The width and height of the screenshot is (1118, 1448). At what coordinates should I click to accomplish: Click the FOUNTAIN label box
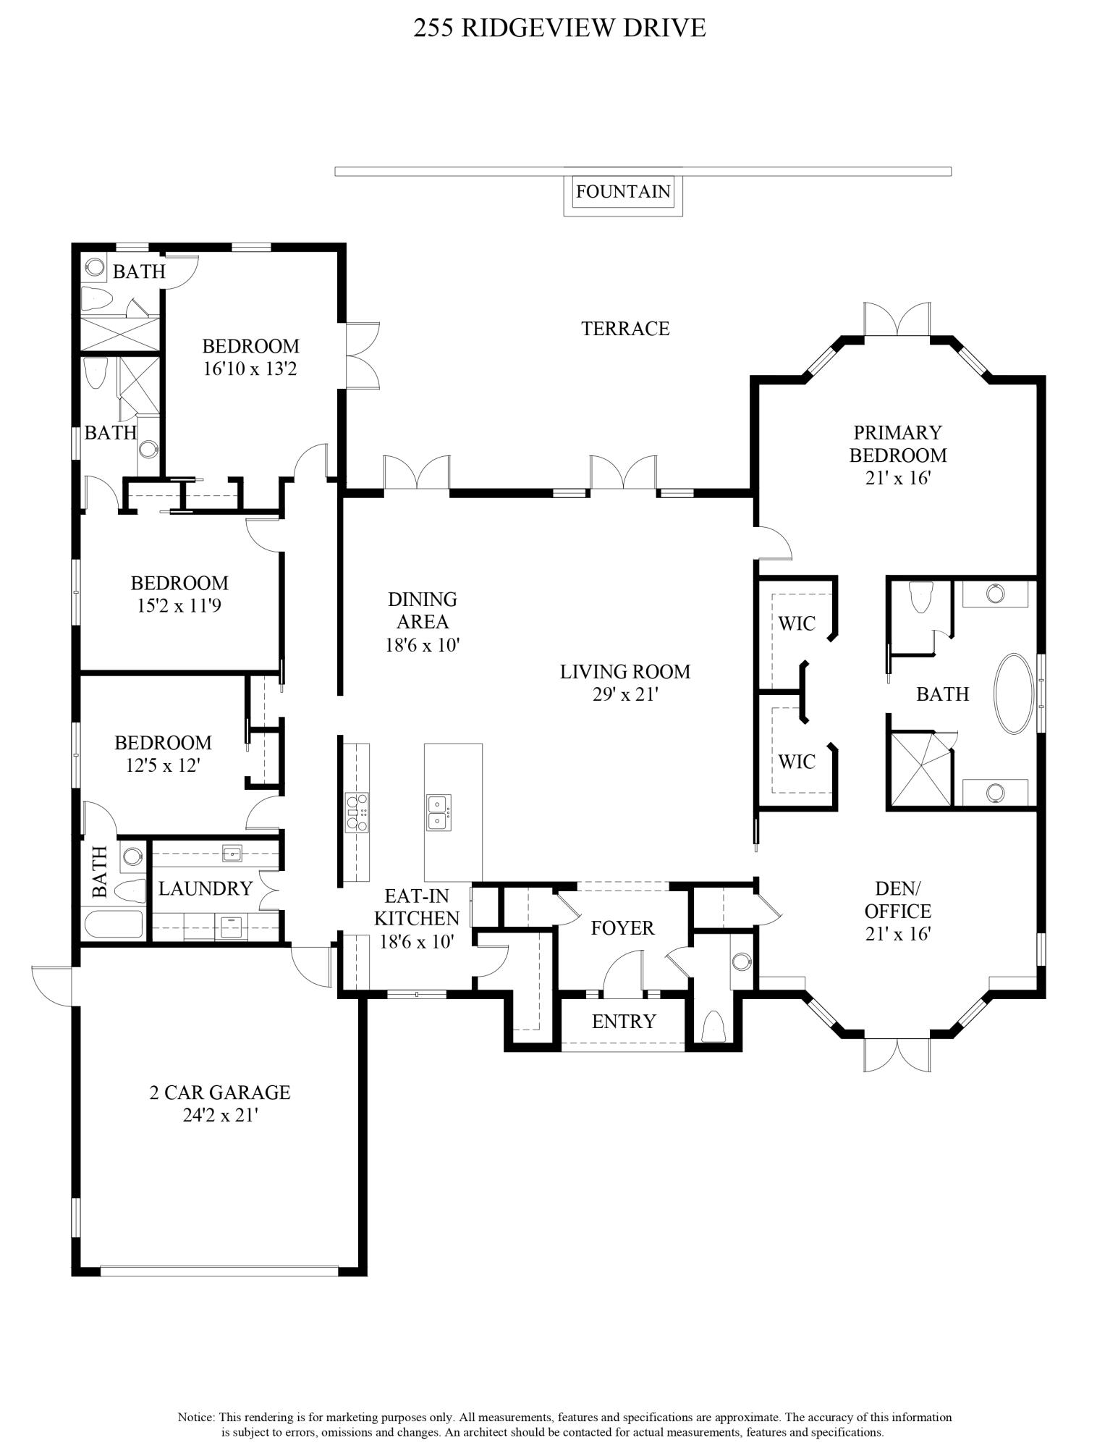(623, 192)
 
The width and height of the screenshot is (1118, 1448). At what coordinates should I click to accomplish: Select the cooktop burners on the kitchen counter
(357, 812)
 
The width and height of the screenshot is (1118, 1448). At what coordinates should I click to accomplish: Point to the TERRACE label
(625, 329)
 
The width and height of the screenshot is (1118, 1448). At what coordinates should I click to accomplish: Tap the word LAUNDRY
(206, 888)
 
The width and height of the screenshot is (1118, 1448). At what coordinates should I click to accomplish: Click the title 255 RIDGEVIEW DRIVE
(559, 28)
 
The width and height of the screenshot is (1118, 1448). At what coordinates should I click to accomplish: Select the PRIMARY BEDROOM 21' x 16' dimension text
(897, 479)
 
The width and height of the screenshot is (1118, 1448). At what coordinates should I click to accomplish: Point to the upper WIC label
(797, 623)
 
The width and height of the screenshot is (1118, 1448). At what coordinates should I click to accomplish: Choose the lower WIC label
(797, 762)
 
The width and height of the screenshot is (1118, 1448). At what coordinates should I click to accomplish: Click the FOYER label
(622, 928)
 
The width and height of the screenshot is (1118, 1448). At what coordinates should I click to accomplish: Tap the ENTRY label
(623, 1022)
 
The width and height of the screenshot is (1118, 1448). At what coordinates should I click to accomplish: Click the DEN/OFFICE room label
(897, 900)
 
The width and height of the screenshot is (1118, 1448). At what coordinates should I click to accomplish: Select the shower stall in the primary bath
(919, 769)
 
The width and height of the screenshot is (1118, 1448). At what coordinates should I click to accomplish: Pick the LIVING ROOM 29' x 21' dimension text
(624, 694)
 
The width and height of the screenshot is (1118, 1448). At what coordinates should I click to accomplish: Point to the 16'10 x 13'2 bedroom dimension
(250, 369)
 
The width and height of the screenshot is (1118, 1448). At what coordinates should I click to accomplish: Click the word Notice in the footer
(195, 1417)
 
